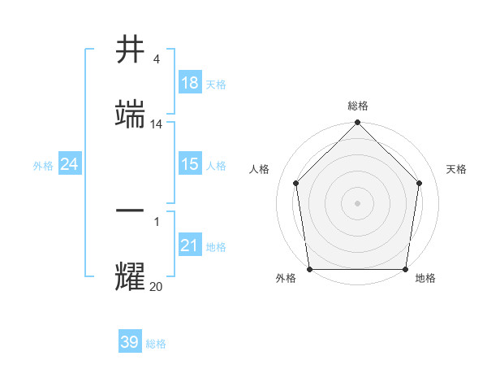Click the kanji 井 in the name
tap(131, 51)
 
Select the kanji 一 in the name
tap(131, 209)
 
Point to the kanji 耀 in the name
tap(131, 276)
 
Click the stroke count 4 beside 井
tap(156, 60)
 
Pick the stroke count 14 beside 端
tap(157, 124)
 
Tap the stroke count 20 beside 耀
tap(156, 285)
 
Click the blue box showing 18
tap(190, 83)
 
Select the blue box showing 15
tap(190, 164)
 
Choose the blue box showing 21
tap(190, 245)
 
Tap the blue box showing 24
tap(70, 164)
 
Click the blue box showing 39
tap(130, 342)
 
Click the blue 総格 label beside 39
tap(156, 344)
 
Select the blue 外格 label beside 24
tap(43, 166)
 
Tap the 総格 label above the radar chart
tap(358, 106)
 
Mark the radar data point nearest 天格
tap(420, 183)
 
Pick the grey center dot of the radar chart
tap(358, 202)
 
